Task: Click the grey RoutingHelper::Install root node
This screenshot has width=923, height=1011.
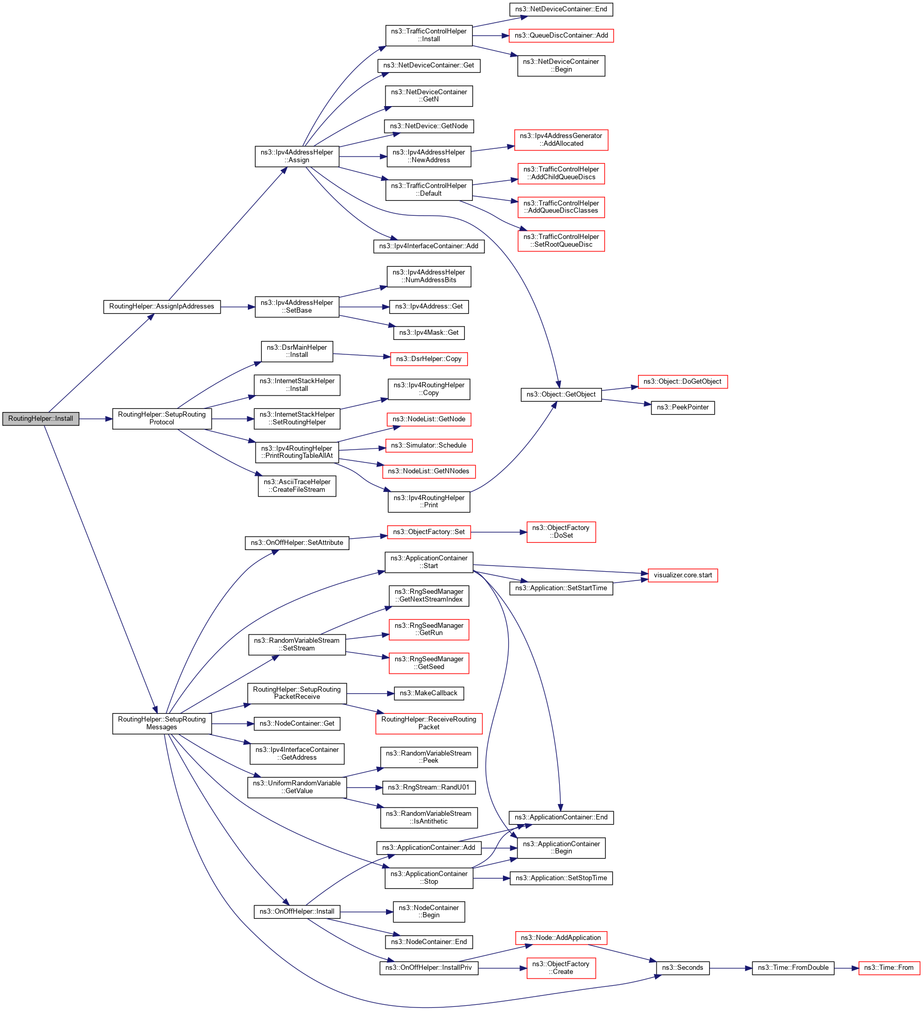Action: [x=41, y=419]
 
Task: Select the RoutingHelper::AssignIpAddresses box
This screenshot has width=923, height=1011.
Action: [x=162, y=306]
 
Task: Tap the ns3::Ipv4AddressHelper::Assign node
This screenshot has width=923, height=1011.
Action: [x=297, y=156]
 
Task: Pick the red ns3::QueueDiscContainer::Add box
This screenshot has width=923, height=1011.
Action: [x=561, y=36]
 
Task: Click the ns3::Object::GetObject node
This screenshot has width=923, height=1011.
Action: [x=561, y=395]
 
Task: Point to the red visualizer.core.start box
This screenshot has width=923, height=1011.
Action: [x=682, y=575]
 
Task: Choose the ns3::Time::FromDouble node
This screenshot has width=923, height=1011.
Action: [x=793, y=968]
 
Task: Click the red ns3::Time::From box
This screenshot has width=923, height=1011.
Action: [x=888, y=968]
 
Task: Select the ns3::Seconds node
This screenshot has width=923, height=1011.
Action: [x=682, y=968]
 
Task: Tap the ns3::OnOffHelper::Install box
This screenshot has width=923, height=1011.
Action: [x=297, y=912]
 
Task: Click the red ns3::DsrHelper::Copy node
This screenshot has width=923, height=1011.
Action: [x=429, y=359]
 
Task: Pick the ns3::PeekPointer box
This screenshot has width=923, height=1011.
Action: [x=682, y=407]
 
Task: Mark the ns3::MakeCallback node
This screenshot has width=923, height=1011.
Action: [x=428, y=693]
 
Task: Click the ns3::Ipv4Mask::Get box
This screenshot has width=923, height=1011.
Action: [x=429, y=333]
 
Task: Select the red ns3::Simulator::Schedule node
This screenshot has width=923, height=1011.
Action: [x=429, y=445]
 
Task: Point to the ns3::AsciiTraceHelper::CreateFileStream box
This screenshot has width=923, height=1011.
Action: [x=297, y=486]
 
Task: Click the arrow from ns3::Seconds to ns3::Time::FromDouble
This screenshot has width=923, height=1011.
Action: [x=730, y=968]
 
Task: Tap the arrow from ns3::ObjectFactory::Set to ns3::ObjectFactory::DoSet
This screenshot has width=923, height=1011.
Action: [x=498, y=532]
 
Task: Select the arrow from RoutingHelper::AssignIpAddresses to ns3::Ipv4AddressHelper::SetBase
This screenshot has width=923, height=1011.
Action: [x=238, y=307]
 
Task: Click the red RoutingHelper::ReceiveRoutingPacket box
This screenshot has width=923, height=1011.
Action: [x=429, y=723]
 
